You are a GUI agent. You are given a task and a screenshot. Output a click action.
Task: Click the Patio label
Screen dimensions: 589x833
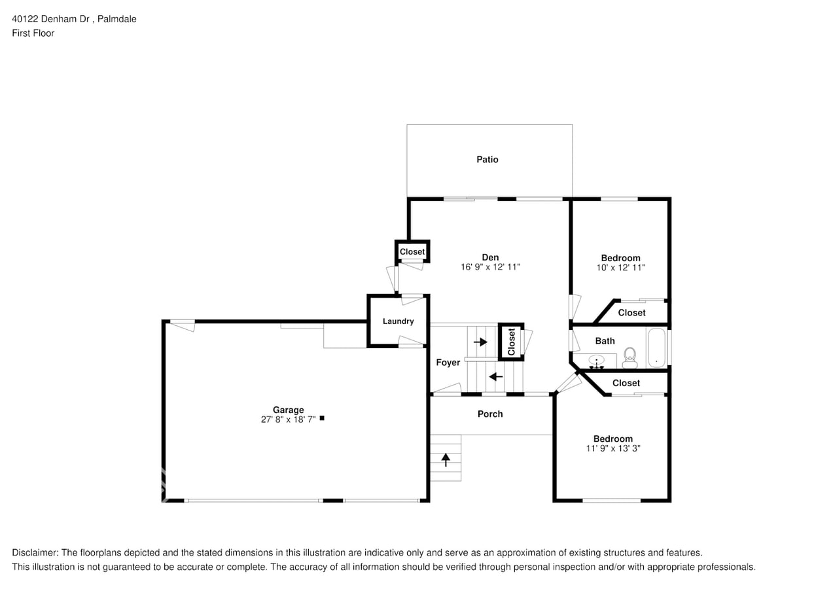tap(487, 160)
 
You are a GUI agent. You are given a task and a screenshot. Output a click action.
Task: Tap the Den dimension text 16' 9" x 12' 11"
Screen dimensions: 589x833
tap(490, 267)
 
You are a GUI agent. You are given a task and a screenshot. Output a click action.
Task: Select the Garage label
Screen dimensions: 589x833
tap(288, 410)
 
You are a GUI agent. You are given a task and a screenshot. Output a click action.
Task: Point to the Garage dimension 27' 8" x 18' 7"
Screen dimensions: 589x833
tap(288, 419)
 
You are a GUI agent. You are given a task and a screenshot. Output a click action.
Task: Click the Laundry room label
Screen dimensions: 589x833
tap(398, 321)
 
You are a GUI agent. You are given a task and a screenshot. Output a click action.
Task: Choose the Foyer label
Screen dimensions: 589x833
tap(448, 363)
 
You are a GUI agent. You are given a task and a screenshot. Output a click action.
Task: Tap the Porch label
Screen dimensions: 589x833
tap(490, 414)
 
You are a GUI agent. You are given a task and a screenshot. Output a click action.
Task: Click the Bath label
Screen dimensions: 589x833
tap(605, 341)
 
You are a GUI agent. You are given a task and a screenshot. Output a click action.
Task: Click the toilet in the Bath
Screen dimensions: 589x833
tap(629, 355)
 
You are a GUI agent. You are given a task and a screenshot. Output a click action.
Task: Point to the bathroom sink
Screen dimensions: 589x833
tap(596, 361)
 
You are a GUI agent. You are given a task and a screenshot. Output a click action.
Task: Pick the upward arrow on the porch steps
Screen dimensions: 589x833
tap(446, 459)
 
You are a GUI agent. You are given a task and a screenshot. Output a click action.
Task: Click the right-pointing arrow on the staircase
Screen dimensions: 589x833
tap(481, 342)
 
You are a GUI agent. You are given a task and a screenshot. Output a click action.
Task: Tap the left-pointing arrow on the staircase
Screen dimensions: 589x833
tap(496, 376)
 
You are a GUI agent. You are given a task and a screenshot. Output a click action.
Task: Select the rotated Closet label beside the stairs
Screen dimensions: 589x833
tap(512, 342)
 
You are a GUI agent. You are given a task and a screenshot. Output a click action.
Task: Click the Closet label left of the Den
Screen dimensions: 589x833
tap(412, 251)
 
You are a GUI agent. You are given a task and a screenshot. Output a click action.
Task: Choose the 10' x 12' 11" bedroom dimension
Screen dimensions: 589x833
tap(620, 267)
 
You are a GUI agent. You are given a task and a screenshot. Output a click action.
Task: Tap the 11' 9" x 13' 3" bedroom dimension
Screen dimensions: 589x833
tap(612, 448)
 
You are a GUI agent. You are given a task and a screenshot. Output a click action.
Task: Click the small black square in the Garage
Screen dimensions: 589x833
tap(321, 418)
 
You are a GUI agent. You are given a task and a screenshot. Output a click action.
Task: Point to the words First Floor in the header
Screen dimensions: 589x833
tap(33, 33)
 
